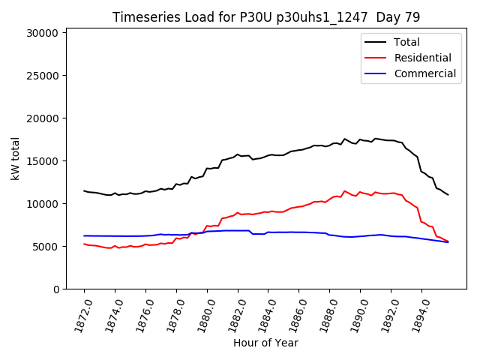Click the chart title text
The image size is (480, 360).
pyautogui.click(x=266, y=17)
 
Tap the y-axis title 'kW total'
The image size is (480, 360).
pyautogui.click(x=15, y=158)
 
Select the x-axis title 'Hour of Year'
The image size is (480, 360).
pyautogui.click(x=265, y=343)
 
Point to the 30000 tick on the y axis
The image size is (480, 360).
pyautogui.click(x=42, y=33)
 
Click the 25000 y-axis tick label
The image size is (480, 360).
pyautogui.click(x=42, y=76)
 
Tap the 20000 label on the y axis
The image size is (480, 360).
pyautogui.click(x=42, y=118)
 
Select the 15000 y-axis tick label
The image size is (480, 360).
pyautogui.click(x=42, y=161)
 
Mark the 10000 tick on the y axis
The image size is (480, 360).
pyautogui.click(x=42, y=204)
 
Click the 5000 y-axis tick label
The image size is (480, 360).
pyautogui.click(x=45, y=247)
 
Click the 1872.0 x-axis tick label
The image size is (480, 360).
pyautogui.click(x=77, y=312)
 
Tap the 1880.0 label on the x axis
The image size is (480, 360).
pyautogui.click(x=200, y=312)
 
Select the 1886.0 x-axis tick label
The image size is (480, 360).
pyautogui.click(x=292, y=312)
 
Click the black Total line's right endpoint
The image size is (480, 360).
pyautogui.click(x=448, y=195)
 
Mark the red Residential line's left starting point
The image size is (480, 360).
pyautogui.click(x=84, y=244)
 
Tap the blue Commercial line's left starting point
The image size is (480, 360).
pyautogui.click(x=84, y=235)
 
